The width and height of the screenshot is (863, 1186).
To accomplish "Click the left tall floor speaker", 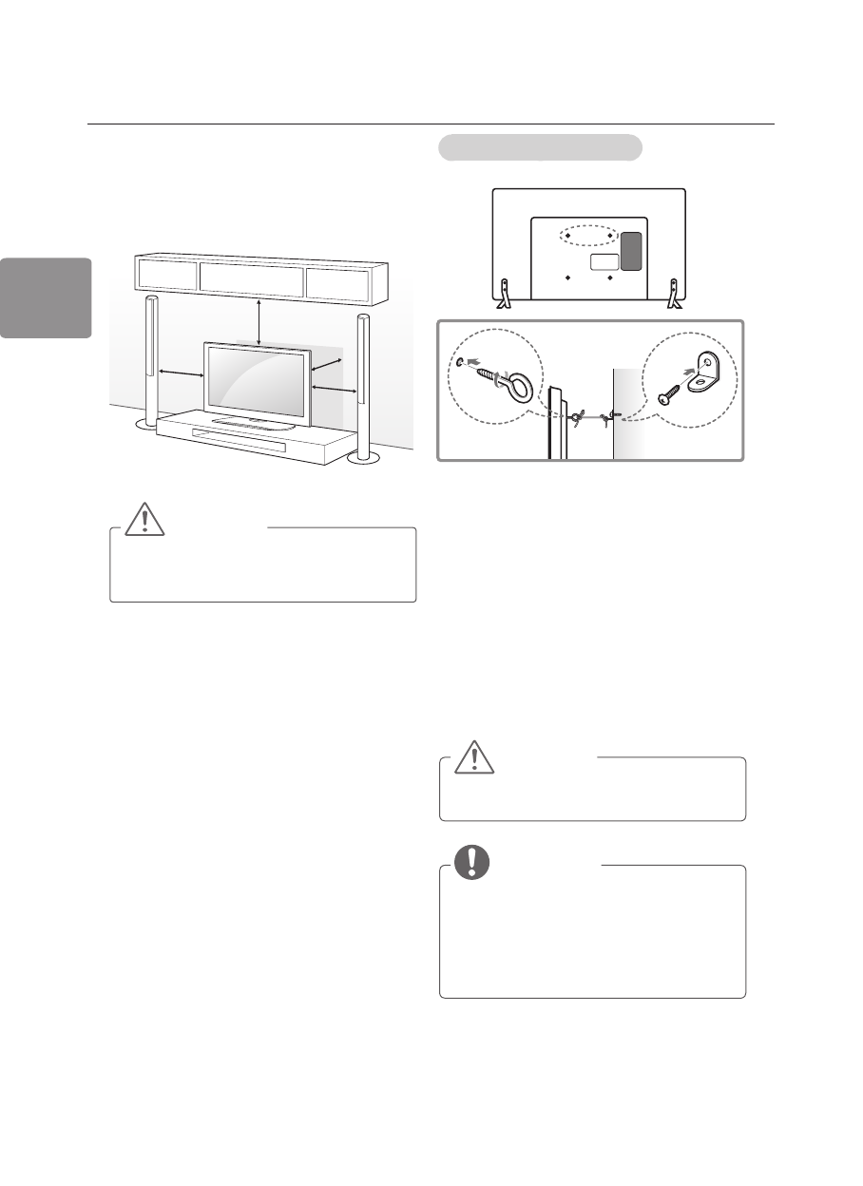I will tap(151, 361).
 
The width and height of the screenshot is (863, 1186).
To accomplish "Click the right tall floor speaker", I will tap(362, 380).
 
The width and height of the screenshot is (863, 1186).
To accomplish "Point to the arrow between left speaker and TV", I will tap(182, 373).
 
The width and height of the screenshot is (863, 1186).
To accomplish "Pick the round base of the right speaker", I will tap(362, 458).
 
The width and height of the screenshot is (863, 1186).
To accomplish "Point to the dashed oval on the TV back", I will tap(589, 236).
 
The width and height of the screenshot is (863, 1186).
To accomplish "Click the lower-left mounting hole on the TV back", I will tap(568, 278).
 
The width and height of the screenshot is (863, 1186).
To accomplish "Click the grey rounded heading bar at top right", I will tap(540, 148).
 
